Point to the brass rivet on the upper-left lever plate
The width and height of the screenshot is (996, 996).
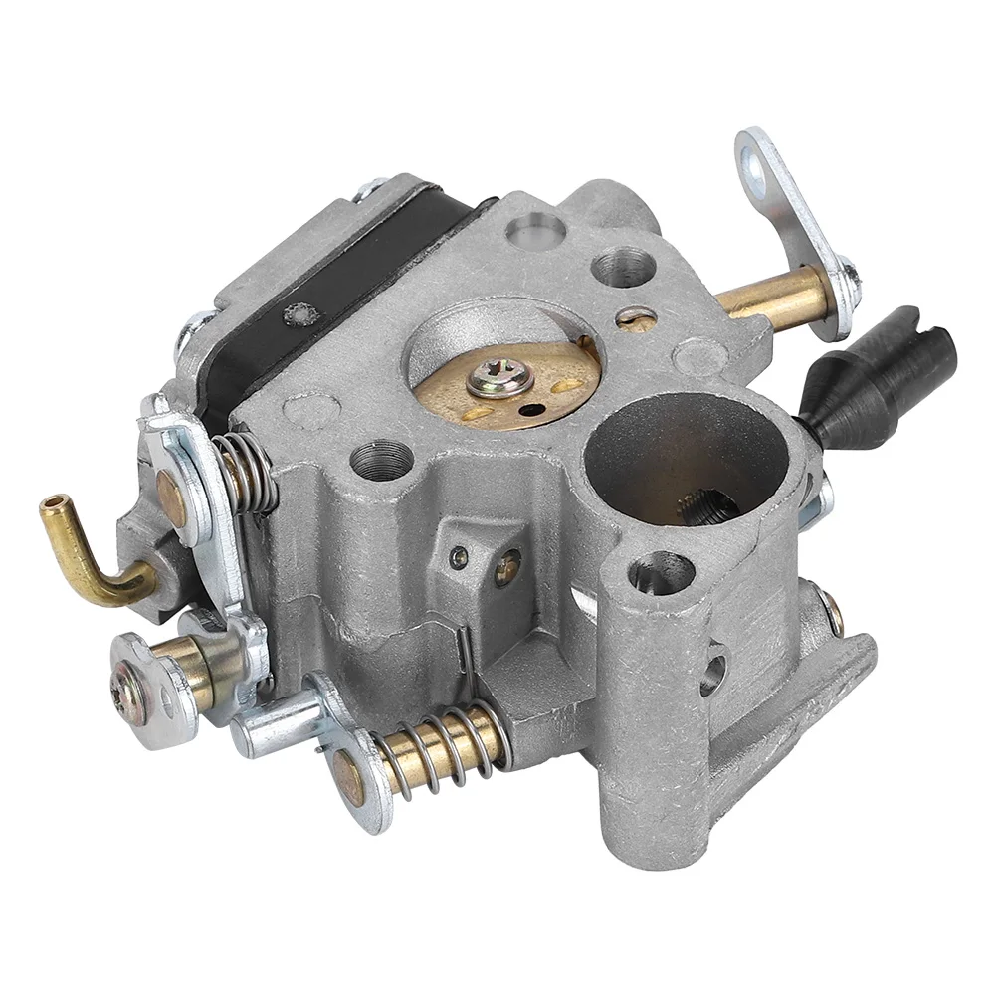coord(170,488)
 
